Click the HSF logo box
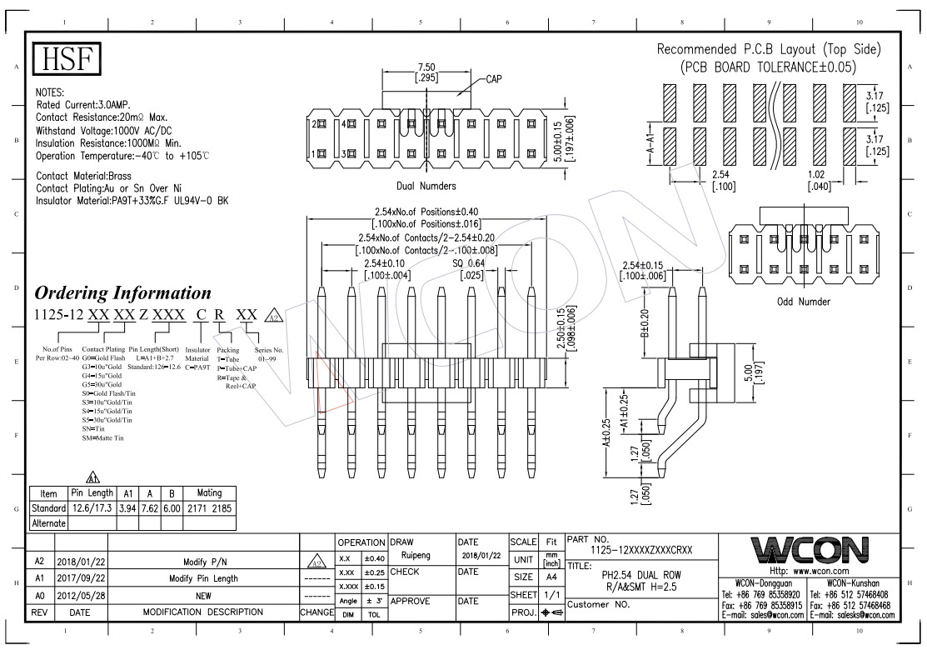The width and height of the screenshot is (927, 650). coord(66,61)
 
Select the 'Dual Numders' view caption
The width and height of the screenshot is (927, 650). coord(427,186)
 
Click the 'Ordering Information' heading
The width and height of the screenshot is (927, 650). coord(123,293)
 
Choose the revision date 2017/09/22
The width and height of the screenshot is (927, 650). coord(80,578)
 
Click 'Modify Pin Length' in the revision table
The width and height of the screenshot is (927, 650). coord(204,578)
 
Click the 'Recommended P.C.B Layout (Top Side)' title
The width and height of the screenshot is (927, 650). coord(768,50)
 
